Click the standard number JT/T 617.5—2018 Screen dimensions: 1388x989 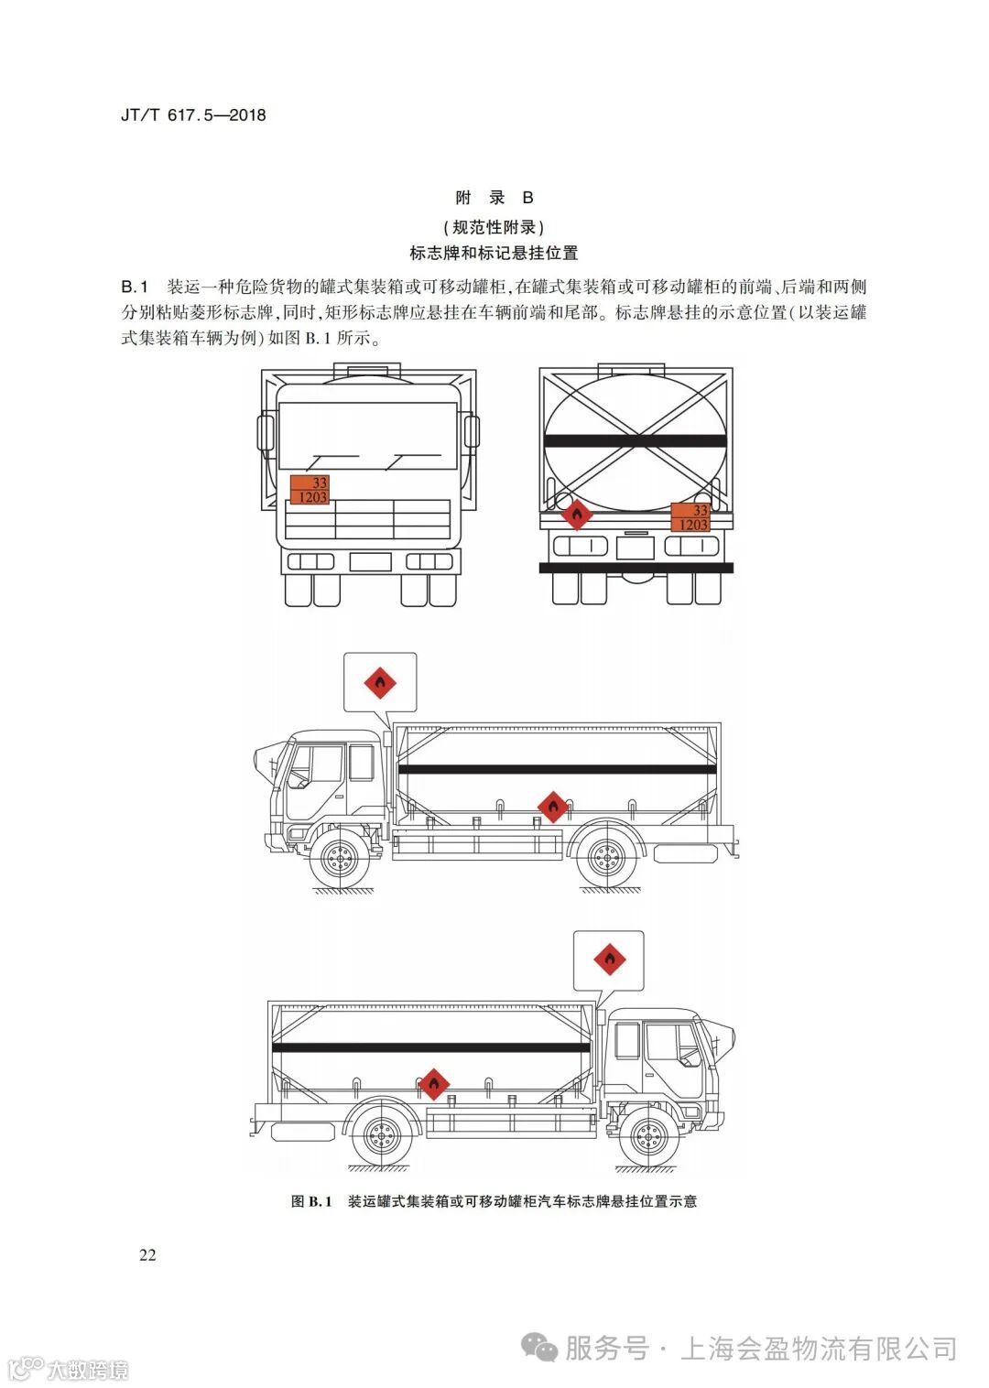(x=193, y=115)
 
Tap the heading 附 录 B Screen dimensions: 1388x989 (x=494, y=198)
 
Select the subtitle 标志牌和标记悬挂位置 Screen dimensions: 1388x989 (x=494, y=254)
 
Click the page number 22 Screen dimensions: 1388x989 (x=147, y=1255)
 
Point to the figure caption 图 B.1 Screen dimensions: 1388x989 (x=311, y=1201)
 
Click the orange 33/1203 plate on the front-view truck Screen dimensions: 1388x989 (x=310, y=490)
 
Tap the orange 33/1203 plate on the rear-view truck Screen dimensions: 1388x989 (x=690, y=517)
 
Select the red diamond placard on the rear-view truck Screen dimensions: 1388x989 (x=576, y=515)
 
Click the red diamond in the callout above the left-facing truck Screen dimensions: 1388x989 (x=380, y=682)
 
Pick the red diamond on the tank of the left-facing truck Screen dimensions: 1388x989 (x=551, y=807)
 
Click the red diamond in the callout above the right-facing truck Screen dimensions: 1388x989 (x=609, y=960)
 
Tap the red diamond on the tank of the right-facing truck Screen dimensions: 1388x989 (x=433, y=1084)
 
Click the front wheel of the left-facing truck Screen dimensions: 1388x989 (x=339, y=859)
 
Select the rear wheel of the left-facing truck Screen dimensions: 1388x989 (x=605, y=859)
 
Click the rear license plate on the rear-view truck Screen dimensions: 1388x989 (x=635, y=548)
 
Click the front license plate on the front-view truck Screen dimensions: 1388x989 (x=371, y=561)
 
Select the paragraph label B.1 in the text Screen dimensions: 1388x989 (x=135, y=287)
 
